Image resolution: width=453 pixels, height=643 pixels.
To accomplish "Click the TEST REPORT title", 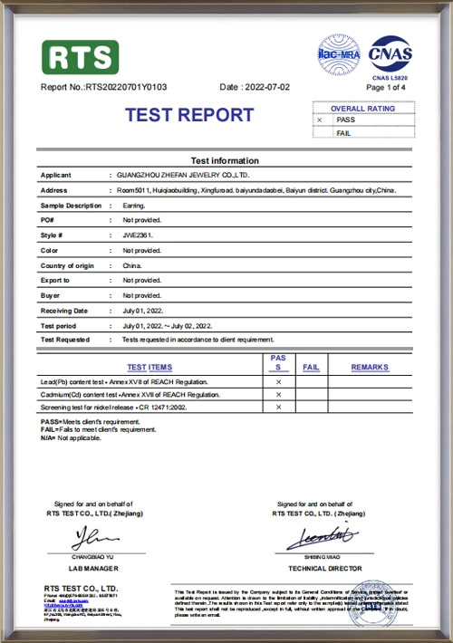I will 189,115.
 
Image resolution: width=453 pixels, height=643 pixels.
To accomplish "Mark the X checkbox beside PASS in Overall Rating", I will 319,120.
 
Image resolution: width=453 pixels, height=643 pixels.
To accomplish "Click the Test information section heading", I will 225,160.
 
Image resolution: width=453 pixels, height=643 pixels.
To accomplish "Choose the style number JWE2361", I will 138,235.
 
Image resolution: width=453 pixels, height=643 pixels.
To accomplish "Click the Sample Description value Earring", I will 134,206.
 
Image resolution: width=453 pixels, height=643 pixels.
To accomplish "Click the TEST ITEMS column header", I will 149,367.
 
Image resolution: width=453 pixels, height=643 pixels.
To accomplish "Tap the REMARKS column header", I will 370,367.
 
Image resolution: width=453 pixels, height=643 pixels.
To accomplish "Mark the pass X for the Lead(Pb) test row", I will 278,383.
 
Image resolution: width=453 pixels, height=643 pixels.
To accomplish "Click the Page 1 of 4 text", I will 389,88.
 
